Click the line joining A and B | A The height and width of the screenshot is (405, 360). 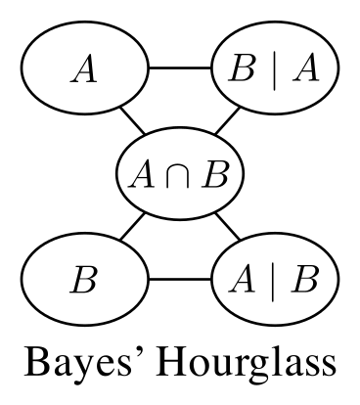pyautogui.click(x=180, y=69)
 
